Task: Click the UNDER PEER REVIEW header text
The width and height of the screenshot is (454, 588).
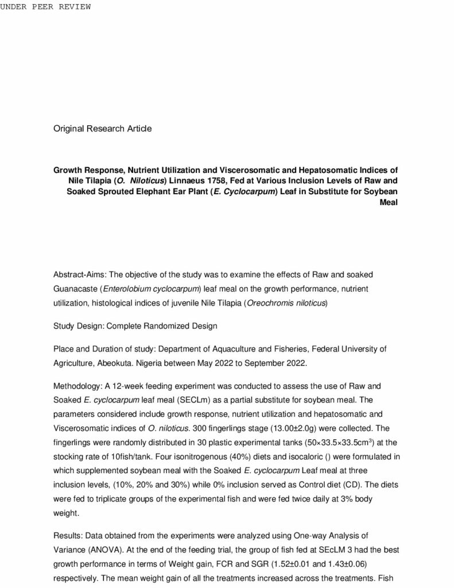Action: pyautogui.click(x=45, y=7)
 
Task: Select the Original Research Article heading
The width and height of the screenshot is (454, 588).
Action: pyautogui.click(x=103, y=129)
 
